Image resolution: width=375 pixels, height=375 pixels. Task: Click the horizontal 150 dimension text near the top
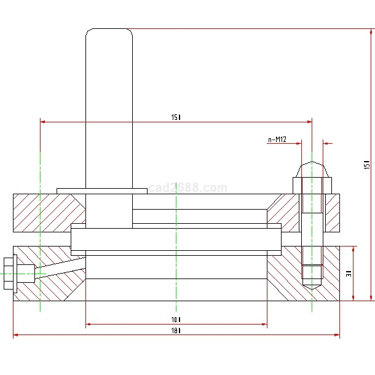[x=176, y=117]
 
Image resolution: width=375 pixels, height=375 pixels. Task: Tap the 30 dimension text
[x=349, y=274]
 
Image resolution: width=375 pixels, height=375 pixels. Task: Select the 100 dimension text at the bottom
[x=176, y=319]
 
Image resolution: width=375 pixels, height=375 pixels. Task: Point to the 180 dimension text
[x=176, y=331]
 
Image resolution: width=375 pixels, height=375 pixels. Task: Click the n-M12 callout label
[x=277, y=140]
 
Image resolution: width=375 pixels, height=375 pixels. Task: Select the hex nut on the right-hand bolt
[x=312, y=185]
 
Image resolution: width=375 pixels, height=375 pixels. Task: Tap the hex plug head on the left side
[x=9, y=274]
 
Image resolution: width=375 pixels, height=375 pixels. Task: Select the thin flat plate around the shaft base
[x=102, y=191]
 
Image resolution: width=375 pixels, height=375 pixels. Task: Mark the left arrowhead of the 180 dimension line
[x=17, y=335]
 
